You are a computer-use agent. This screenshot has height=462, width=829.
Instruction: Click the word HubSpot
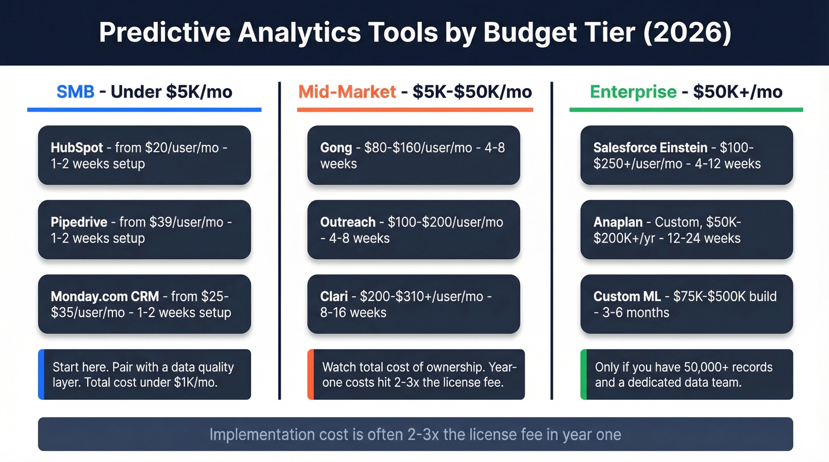[x=77, y=147]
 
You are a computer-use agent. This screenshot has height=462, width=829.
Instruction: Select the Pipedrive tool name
[x=79, y=222]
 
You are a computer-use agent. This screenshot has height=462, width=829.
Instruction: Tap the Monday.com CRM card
[x=144, y=304]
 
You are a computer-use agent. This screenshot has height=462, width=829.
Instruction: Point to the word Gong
[x=336, y=147]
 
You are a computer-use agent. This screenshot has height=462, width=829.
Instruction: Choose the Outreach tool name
[x=348, y=222]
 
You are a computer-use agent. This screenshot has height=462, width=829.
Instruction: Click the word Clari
[x=334, y=297]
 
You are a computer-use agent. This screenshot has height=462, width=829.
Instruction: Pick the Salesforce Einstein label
[x=650, y=147]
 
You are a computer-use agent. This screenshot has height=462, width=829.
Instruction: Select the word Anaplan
[x=618, y=222]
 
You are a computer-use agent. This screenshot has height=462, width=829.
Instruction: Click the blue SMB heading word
[x=75, y=92]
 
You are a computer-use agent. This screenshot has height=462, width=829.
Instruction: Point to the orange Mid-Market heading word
[x=347, y=92]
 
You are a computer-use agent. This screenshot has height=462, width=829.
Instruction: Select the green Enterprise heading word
[x=633, y=92]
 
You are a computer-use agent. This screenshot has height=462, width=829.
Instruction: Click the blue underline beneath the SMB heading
[x=144, y=109]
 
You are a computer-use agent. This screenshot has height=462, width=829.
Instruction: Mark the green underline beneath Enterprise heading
[x=686, y=109]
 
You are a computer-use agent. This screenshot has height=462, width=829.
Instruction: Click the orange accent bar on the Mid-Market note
[x=310, y=374]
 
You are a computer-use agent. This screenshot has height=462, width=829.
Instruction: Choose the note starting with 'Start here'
[x=144, y=374]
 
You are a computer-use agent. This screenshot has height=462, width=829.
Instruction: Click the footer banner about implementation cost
[x=415, y=435]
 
